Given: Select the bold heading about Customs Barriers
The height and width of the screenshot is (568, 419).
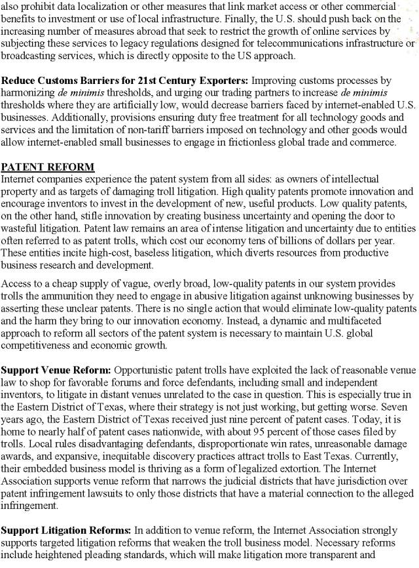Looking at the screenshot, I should pyautogui.click(x=124, y=81).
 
